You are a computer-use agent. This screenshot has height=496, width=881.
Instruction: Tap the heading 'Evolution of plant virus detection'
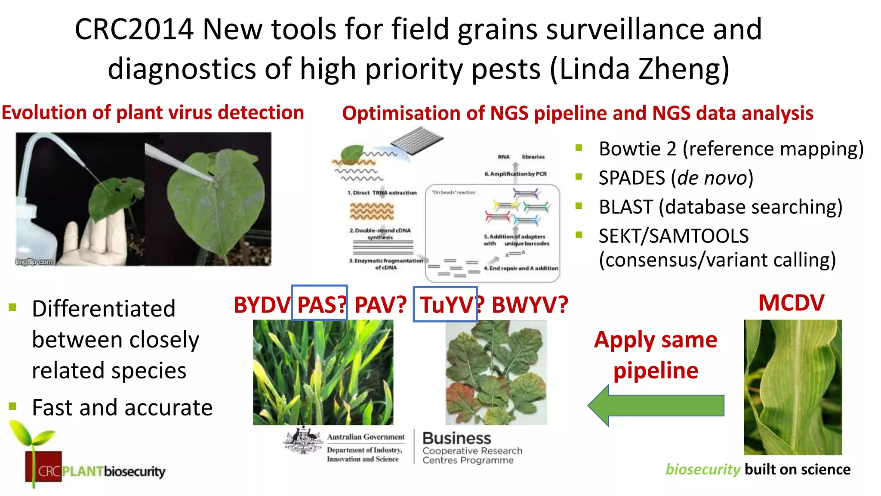[153, 113]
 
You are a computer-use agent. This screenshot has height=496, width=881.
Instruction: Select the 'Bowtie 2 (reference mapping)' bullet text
[731, 149]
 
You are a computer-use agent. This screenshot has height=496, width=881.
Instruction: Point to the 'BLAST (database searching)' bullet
[720, 207]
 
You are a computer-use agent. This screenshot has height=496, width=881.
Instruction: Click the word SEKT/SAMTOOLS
[673, 236]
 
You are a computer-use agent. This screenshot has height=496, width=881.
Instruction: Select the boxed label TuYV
[447, 305]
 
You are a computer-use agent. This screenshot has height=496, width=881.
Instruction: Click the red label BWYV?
[530, 305]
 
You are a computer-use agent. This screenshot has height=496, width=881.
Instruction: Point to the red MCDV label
[791, 303]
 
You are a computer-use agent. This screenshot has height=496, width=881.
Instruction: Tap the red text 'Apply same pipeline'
[656, 355]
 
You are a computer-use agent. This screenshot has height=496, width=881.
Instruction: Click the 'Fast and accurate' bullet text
[122, 407]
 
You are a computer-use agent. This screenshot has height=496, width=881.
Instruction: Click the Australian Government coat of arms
[303, 440]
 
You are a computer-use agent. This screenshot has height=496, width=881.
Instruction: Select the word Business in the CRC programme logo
[456, 438]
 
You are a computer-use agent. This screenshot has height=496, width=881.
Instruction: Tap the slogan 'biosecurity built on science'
[758, 469]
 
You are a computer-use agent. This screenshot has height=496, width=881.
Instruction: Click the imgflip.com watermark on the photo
[34, 262]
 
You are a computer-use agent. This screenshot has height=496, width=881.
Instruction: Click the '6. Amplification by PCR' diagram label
[515, 174]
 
